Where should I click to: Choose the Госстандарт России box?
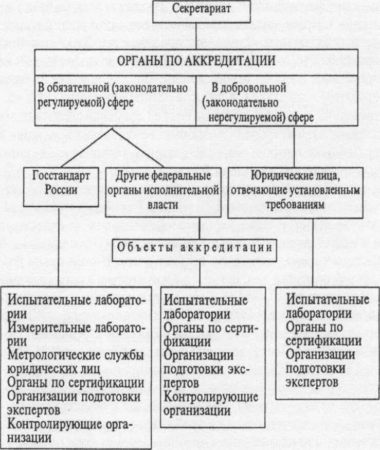(x=61, y=183)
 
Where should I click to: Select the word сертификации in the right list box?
(x=324, y=341)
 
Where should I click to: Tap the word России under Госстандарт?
(x=61, y=189)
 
